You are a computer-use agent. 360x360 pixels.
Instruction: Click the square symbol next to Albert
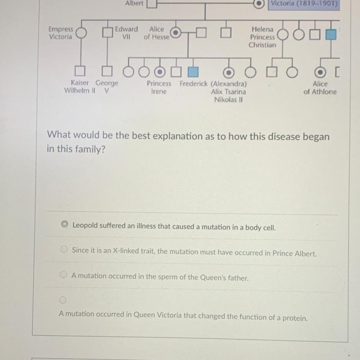pyautogui.click(x=151, y=4)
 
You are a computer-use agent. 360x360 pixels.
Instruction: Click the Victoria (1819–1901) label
pyautogui.click(x=303, y=4)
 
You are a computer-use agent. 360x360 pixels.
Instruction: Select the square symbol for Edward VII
pyautogui.click(x=107, y=33)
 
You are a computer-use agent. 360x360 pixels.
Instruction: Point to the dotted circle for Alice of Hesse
pyautogui.click(x=175, y=33)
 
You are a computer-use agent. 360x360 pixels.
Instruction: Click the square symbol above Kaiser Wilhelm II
pyautogui.click(x=80, y=70)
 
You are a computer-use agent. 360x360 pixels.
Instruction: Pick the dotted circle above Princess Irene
pyautogui.click(x=161, y=70)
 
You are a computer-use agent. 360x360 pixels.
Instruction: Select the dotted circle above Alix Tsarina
pyautogui.click(x=227, y=70)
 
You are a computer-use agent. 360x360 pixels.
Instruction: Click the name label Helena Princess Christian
pyautogui.click(x=262, y=37)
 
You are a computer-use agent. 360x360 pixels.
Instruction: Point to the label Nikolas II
pyautogui.click(x=228, y=100)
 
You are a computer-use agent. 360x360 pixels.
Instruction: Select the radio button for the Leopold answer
pyautogui.click(x=64, y=225)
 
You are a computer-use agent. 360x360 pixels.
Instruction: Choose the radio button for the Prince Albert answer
pyautogui.click(x=64, y=250)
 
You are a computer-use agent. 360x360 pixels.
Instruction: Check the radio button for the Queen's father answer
pyautogui.click(x=63, y=275)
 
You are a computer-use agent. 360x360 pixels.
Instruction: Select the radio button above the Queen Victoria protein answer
pyautogui.click(x=63, y=300)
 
